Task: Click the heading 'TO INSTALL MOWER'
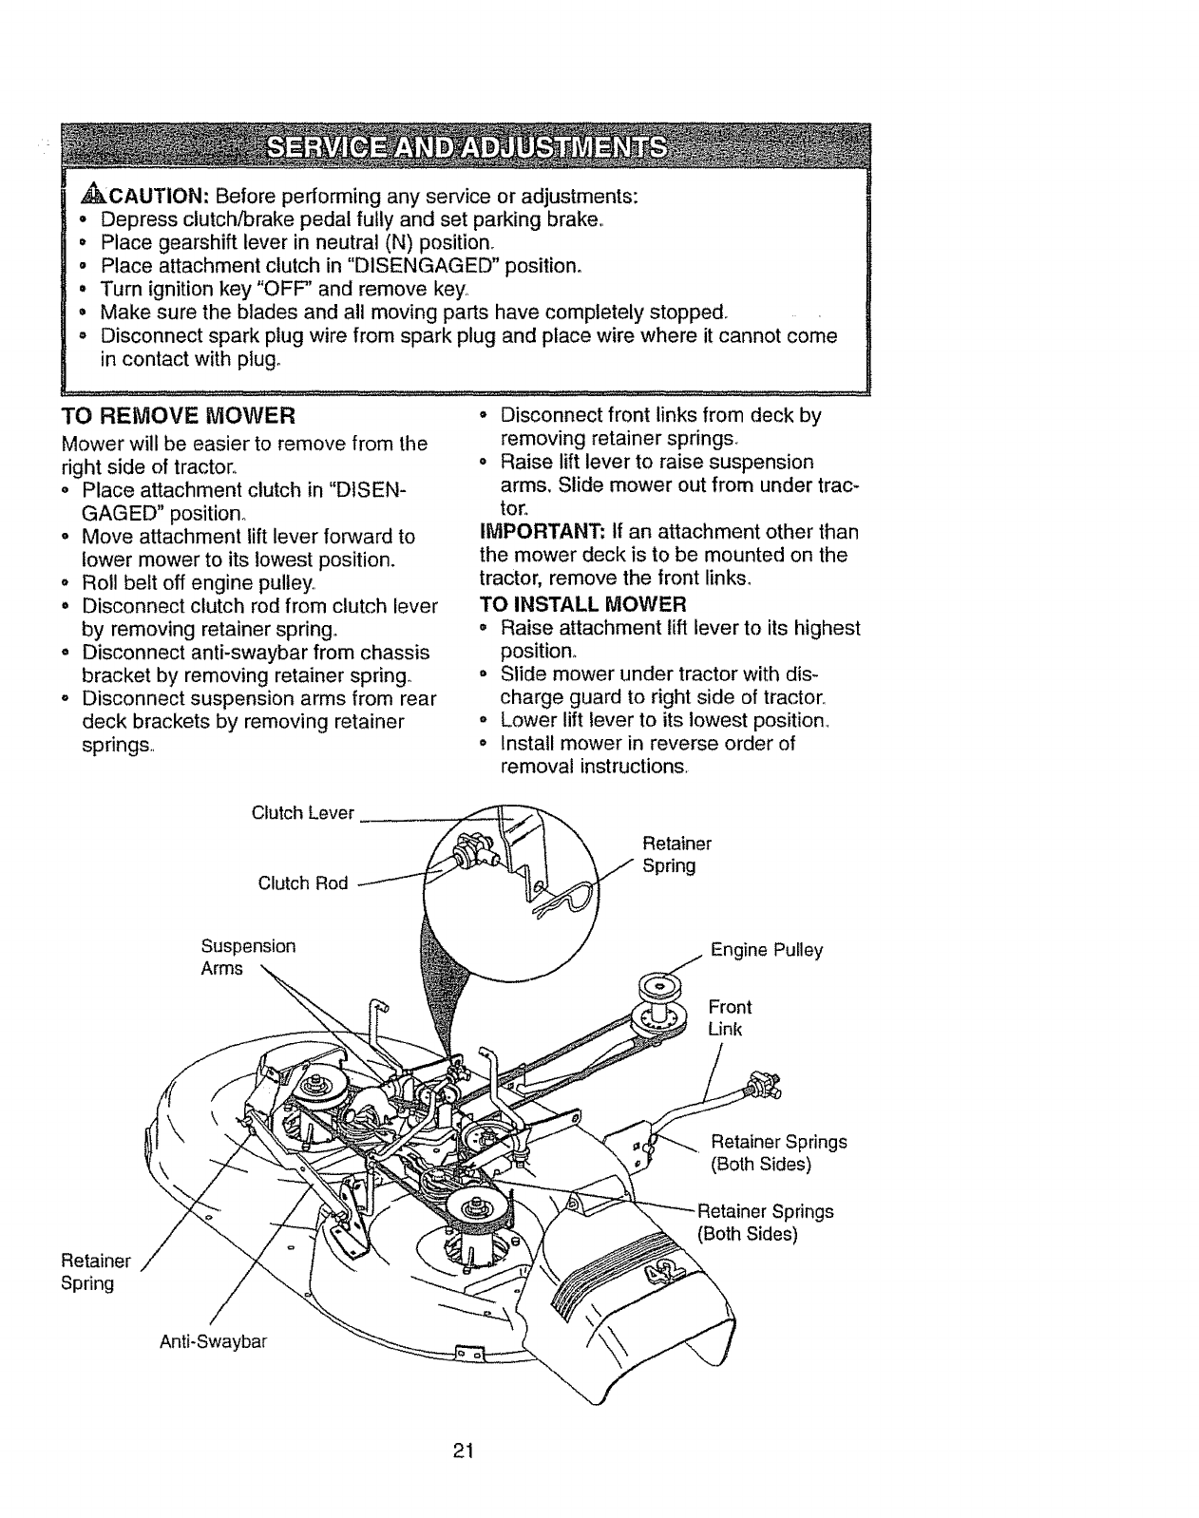[x=583, y=604]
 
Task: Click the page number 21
[x=463, y=1451]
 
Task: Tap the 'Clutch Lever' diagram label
[x=302, y=813]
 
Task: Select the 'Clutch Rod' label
[x=303, y=883]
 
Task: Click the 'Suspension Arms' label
[x=248, y=958]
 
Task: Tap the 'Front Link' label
[x=730, y=1018]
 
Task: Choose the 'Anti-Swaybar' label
[x=214, y=1341]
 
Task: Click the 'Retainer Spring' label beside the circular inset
[x=676, y=854]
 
